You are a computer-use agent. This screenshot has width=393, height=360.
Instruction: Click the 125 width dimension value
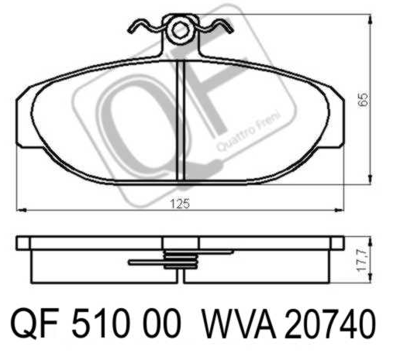click(x=180, y=204)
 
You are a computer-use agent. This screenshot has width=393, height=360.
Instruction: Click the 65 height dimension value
click(x=363, y=100)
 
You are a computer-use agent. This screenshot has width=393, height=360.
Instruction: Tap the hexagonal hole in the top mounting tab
click(x=180, y=30)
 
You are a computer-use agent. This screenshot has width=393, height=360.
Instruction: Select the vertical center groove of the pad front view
click(x=181, y=121)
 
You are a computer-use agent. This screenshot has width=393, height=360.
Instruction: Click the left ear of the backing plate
click(x=26, y=118)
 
